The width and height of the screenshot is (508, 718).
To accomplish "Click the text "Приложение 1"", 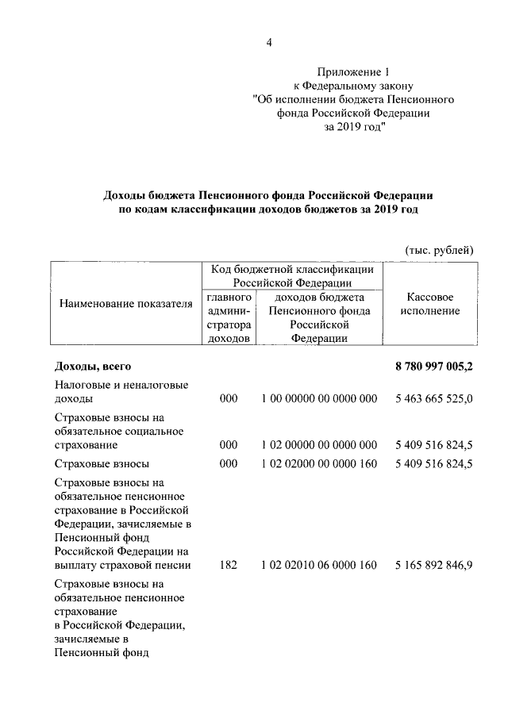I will tap(352, 71).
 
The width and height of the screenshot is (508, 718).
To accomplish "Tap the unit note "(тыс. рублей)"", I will tap(439, 250).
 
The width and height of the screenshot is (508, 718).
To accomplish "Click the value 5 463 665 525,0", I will tap(433, 399).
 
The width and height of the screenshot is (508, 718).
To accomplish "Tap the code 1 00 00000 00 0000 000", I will tap(318, 399).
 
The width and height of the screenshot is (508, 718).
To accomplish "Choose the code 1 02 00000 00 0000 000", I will tap(318, 444).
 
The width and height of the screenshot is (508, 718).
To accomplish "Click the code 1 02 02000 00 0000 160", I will tap(318, 463).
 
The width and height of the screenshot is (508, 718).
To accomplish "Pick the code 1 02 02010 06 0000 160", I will tap(318, 565).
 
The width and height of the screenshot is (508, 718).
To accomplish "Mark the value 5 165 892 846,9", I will tap(433, 565).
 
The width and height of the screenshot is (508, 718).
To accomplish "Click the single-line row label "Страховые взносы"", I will tap(102, 463).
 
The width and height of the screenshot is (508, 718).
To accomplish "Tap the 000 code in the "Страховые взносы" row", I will tap(229, 463).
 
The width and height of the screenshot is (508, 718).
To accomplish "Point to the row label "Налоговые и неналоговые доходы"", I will tap(121, 392).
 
